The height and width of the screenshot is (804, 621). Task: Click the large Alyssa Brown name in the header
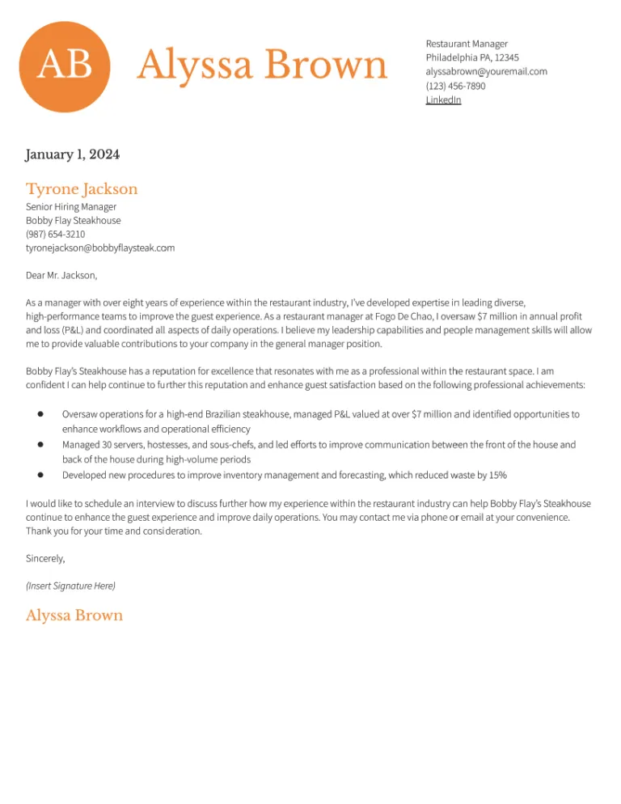coord(262,65)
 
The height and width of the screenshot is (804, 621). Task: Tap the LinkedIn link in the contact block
coord(443,100)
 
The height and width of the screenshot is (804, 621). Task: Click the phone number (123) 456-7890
coord(455,86)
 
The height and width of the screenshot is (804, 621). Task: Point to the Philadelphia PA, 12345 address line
coord(472,57)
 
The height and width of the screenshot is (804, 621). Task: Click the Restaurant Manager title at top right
coord(467,44)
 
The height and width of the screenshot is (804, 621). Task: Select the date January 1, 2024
coord(73,154)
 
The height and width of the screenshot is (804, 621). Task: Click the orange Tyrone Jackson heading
coord(82,189)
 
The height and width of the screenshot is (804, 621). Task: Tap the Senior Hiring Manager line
coord(71,207)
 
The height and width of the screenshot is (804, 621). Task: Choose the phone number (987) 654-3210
coord(55,235)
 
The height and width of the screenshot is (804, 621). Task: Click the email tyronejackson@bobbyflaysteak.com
coord(100,248)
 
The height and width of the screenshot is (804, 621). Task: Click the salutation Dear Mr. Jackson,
coord(61,276)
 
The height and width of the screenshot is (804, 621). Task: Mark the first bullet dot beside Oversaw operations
coord(40,414)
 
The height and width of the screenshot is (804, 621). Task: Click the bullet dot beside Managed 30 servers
coord(40,445)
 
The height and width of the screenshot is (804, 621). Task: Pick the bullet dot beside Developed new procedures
coord(40,475)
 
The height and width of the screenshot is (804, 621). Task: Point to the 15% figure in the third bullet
coord(496,476)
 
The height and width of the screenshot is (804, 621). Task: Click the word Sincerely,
coord(45,558)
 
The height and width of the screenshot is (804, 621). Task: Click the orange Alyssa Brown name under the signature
coord(74,616)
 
